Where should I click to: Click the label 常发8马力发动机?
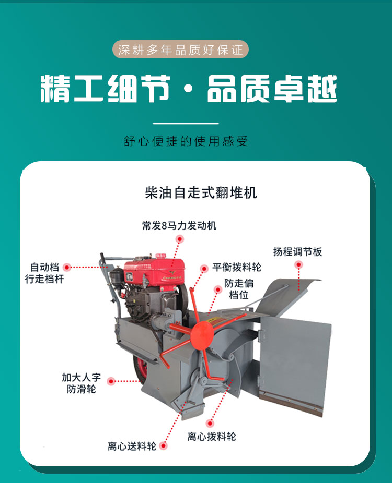(x=179, y=226)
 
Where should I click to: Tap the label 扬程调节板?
(x=297, y=252)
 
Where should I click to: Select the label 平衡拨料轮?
(x=237, y=267)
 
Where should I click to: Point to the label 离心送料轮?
(x=132, y=446)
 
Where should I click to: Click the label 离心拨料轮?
(x=212, y=436)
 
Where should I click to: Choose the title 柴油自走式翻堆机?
(x=201, y=193)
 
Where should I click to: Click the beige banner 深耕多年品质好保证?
(x=180, y=49)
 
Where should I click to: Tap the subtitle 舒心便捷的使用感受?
(x=186, y=141)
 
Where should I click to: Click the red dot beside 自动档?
(x=67, y=267)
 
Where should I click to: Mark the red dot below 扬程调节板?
(x=298, y=264)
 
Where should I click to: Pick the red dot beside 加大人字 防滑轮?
(x=111, y=381)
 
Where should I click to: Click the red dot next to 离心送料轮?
(x=164, y=446)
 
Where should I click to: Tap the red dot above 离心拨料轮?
(x=210, y=423)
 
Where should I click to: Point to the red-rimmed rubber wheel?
(x=141, y=369)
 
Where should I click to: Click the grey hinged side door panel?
(x=294, y=364)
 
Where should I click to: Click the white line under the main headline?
(x=186, y=124)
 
